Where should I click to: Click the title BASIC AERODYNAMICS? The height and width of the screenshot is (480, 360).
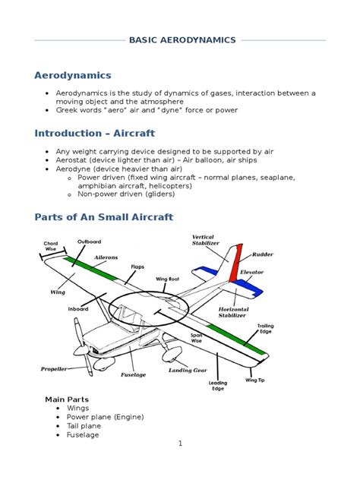click(182, 40)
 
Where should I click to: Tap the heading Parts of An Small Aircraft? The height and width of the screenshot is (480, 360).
click(104, 217)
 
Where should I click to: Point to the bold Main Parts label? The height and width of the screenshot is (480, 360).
click(67, 399)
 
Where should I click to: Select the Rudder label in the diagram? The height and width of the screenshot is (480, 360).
click(263, 254)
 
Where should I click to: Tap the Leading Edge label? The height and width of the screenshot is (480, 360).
click(218, 387)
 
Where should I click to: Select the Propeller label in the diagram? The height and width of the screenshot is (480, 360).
click(54, 369)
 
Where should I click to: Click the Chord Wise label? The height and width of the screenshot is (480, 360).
click(51, 245)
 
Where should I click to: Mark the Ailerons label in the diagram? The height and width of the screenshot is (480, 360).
click(106, 257)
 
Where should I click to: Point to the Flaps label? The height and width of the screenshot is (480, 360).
click(137, 267)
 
